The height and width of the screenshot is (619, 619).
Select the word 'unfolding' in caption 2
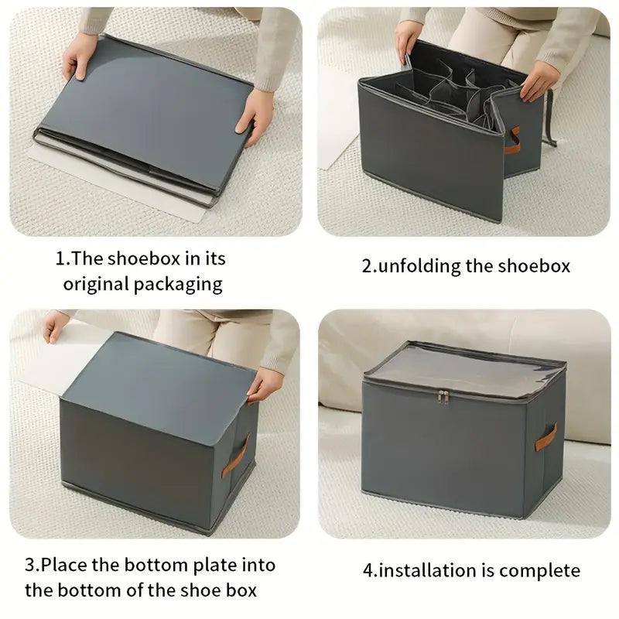click(x=417, y=265)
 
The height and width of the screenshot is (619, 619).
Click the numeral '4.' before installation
click(x=369, y=571)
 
